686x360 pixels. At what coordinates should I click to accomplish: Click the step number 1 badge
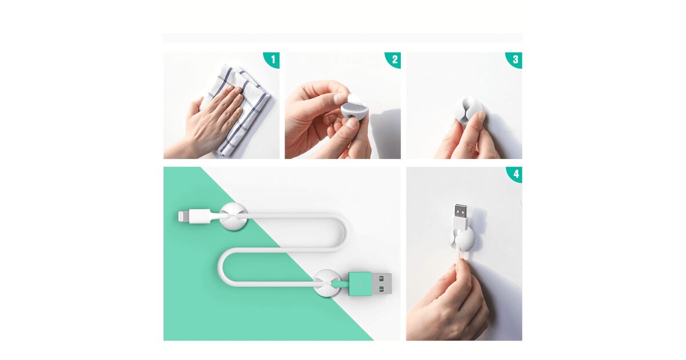[x=273, y=59]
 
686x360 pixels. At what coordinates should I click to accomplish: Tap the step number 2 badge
[x=394, y=59]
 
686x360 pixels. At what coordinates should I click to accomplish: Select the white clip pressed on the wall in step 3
[x=468, y=110]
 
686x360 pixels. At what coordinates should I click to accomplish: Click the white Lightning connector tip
[x=184, y=217]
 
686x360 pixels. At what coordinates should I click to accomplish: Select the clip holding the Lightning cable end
[x=233, y=217]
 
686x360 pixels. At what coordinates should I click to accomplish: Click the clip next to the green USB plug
[x=327, y=283]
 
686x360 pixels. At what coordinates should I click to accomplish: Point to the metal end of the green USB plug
[x=382, y=284]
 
